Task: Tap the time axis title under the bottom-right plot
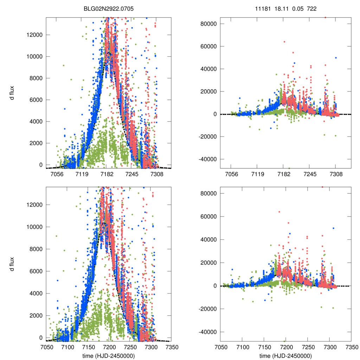tap(285, 356)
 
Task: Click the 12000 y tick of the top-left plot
tap(35, 35)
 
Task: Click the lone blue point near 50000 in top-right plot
tap(336, 58)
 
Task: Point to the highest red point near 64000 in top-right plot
tap(284, 42)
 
